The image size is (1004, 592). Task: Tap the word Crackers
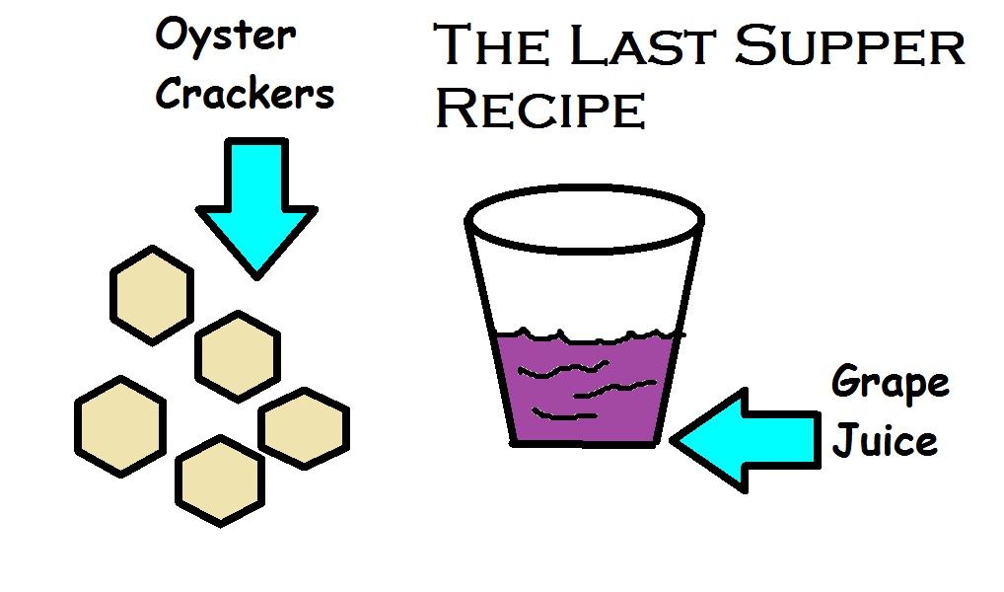[x=246, y=96]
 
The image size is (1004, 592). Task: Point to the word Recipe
[x=540, y=109]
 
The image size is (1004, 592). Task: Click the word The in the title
[x=494, y=47]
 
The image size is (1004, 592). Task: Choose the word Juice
[x=885, y=440]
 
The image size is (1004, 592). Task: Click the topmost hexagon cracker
[x=151, y=295]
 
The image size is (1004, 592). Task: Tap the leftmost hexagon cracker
[x=119, y=425]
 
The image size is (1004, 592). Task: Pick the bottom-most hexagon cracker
[x=221, y=481]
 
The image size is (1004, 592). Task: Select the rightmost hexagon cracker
[x=303, y=428]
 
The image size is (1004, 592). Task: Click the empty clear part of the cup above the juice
[x=584, y=286]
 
